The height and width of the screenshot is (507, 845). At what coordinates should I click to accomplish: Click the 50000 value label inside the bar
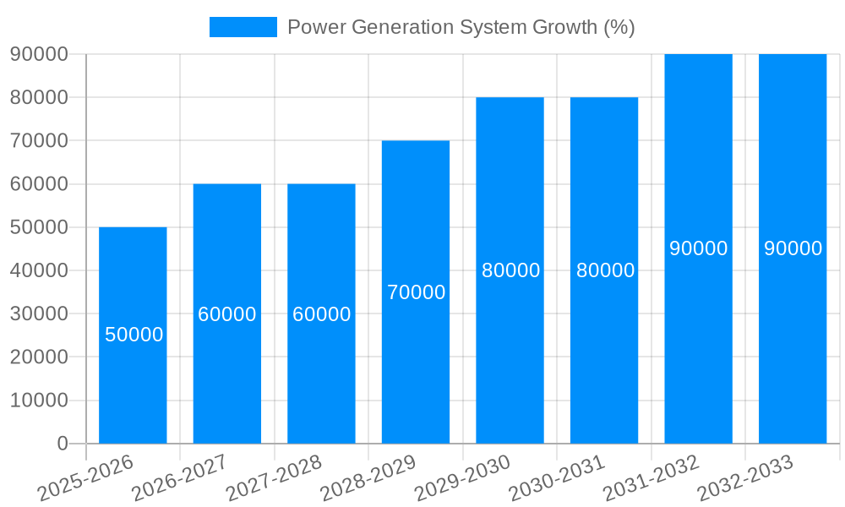click(x=134, y=335)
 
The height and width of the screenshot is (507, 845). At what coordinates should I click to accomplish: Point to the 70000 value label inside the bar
click(x=416, y=292)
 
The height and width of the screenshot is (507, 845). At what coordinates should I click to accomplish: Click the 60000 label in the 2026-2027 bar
click(x=227, y=314)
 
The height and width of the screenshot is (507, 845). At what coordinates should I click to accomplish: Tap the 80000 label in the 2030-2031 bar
click(x=605, y=270)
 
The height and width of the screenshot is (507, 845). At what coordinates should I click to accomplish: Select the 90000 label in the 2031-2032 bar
click(x=698, y=248)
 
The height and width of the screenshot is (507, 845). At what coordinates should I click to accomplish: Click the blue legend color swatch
click(x=243, y=27)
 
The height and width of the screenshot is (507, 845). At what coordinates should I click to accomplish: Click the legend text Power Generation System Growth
click(x=461, y=27)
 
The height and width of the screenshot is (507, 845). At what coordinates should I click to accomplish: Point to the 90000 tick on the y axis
click(x=39, y=54)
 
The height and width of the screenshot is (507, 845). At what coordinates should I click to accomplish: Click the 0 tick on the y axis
click(x=62, y=444)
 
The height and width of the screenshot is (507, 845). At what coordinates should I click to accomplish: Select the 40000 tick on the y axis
click(x=39, y=270)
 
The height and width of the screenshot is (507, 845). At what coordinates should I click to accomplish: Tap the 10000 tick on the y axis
click(x=39, y=401)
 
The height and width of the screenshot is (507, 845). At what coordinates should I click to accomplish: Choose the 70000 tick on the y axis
click(x=39, y=140)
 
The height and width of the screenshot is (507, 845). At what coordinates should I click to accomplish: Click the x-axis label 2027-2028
click(x=275, y=477)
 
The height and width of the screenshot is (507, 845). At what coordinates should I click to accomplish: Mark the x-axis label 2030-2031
click(x=558, y=477)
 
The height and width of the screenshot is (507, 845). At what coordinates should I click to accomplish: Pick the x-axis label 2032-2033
click(x=746, y=477)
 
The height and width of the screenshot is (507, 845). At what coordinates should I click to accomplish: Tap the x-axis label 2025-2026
click(x=86, y=477)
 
